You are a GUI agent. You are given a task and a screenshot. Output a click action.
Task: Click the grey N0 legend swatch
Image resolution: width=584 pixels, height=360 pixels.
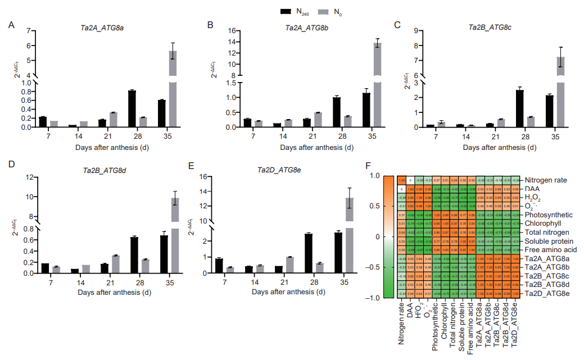tap(324, 11)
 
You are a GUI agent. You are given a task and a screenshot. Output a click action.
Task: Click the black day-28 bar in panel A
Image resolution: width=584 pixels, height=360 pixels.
tap(132, 108)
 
